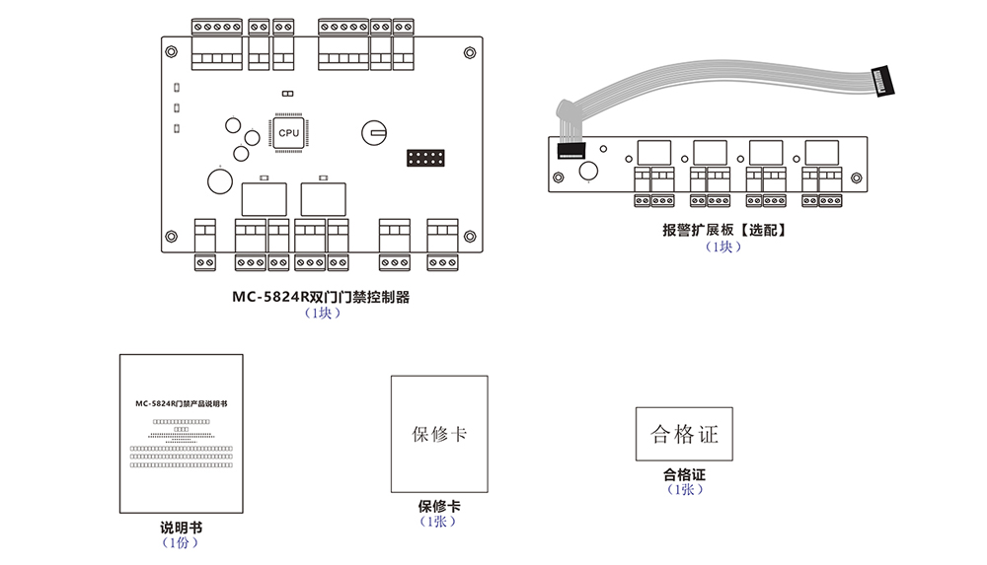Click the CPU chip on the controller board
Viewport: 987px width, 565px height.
tap(288, 132)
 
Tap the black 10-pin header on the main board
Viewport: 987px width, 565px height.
tap(425, 159)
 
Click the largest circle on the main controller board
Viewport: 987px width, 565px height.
tap(219, 179)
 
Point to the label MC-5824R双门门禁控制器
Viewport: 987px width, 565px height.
tap(321, 297)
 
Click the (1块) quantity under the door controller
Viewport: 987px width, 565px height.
tap(322, 314)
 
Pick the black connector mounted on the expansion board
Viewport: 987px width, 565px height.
tap(571, 152)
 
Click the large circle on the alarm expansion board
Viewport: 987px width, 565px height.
tap(589, 173)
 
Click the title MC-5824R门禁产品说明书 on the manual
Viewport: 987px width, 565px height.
tap(181, 404)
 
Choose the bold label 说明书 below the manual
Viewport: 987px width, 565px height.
tap(181, 527)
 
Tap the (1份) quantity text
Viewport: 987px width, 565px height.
tap(181, 542)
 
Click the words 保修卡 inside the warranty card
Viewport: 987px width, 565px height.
tap(439, 434)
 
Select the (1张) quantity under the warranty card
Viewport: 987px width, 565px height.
tap(439, 522)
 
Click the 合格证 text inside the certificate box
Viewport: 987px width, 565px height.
tap(685, 434)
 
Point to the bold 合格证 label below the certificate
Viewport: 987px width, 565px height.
tap(685, 474)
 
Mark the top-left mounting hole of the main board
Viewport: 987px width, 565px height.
tap(172, 50)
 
